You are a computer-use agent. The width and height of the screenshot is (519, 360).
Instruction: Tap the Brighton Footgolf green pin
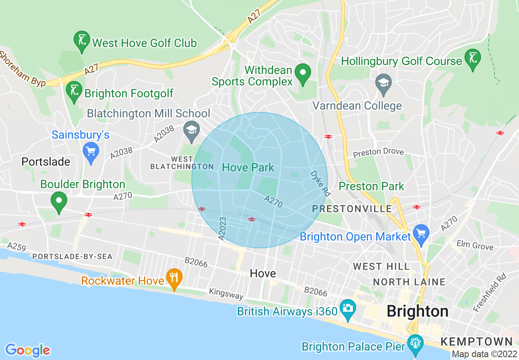(74, 91)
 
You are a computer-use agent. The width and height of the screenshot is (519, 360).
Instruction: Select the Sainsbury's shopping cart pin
(91, 152)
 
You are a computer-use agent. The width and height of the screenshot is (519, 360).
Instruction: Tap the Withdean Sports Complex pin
(303, 74)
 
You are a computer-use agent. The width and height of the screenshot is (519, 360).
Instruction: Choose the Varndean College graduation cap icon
(384, 83)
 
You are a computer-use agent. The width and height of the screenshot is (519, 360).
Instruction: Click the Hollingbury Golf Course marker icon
(473, 59)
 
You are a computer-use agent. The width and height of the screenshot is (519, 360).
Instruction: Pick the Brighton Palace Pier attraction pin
(415, 344)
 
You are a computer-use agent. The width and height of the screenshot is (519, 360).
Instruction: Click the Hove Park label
(248, 167)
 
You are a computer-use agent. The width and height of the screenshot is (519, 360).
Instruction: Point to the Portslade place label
(46, 162)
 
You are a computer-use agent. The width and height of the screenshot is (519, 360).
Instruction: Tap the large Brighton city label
(417, 311)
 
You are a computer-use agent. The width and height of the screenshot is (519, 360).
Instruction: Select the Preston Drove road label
(378, 152)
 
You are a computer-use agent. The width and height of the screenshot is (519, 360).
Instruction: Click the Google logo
(27, 350)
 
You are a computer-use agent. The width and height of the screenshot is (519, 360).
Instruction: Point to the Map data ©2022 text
(484, 354)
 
